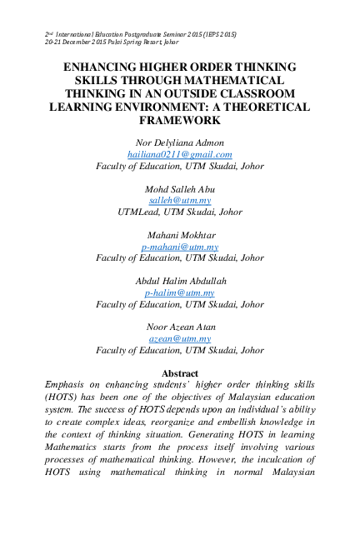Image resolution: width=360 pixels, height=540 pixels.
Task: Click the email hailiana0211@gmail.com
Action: click(179, 155)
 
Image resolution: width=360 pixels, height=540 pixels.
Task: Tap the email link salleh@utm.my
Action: click(179, 201)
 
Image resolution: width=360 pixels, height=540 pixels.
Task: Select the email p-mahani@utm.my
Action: click(179, 247)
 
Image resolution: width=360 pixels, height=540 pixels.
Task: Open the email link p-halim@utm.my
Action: click(179, 293)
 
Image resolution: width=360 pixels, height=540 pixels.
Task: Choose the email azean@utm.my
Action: click(179, 339)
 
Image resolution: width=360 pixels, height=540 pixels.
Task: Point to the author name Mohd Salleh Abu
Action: click(179, 189)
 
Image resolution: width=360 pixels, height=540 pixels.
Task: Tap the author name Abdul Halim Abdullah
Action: click(179, 282)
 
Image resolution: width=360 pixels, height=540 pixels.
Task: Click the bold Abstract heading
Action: click(179, 373)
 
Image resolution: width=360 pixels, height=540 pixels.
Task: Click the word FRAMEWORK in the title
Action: click(179, 121)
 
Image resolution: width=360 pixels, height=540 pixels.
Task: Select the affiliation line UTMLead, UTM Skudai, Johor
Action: click(179, 212)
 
